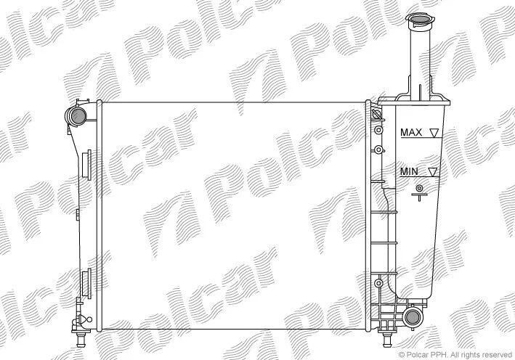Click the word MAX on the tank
click(x=411, y=133)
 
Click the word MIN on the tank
click(x=409, y=171)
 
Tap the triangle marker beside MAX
click(x=434, y=133)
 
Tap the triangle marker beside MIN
click(x=433, y=171)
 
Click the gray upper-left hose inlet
click(x=79, y=115)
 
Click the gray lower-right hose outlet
click(x=412, y=317)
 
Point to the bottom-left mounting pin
click(x=81, y=340)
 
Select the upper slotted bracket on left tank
click(x=86, y=165)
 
